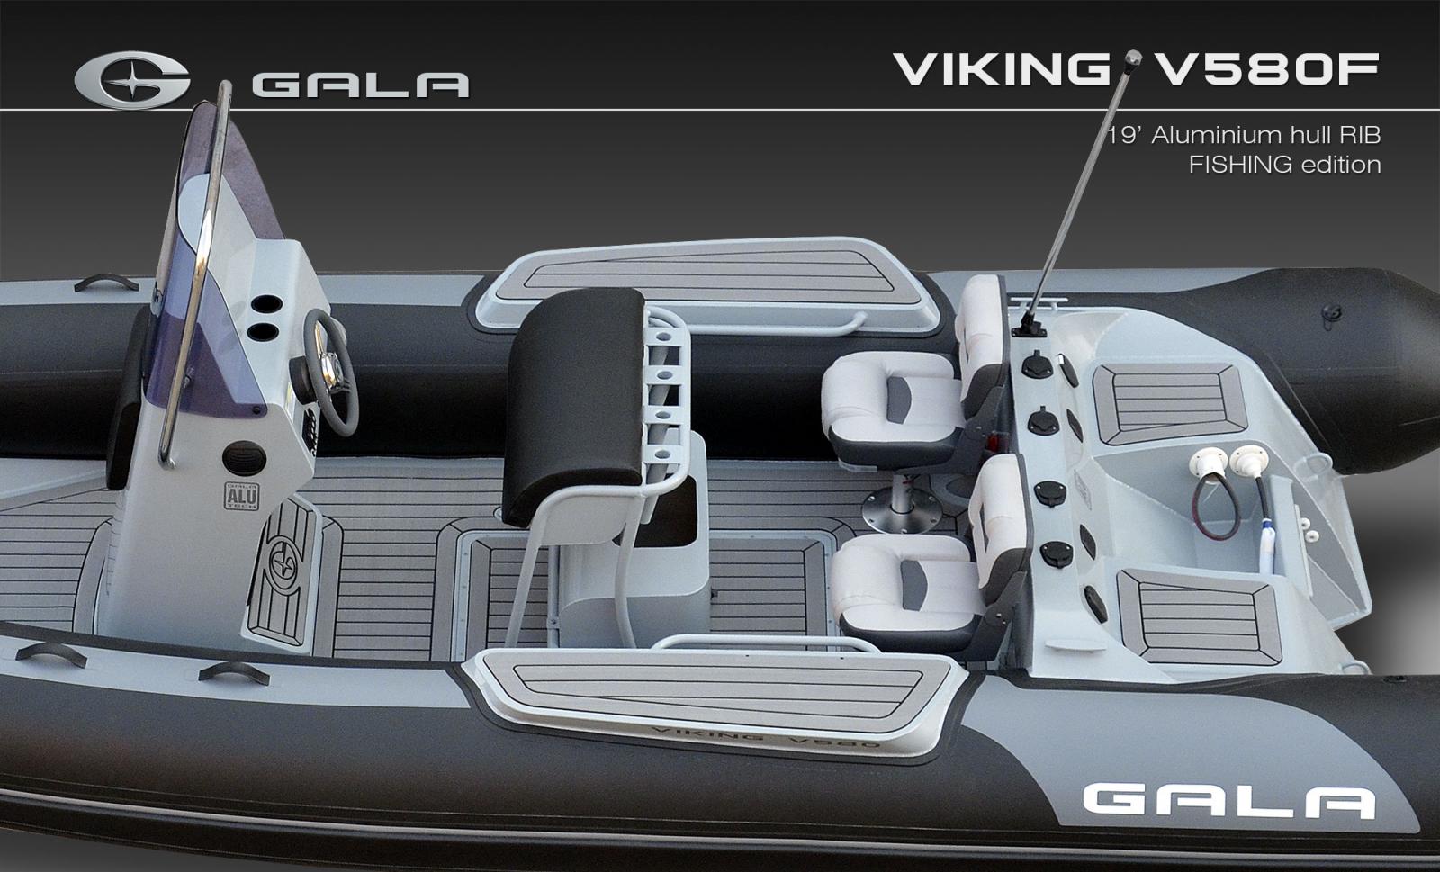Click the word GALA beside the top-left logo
coord(360,85)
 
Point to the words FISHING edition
coord(1284,166)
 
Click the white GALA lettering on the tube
coord(1228,802)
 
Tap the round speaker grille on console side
coord(241,457)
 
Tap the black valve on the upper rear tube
coord(1330,312)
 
